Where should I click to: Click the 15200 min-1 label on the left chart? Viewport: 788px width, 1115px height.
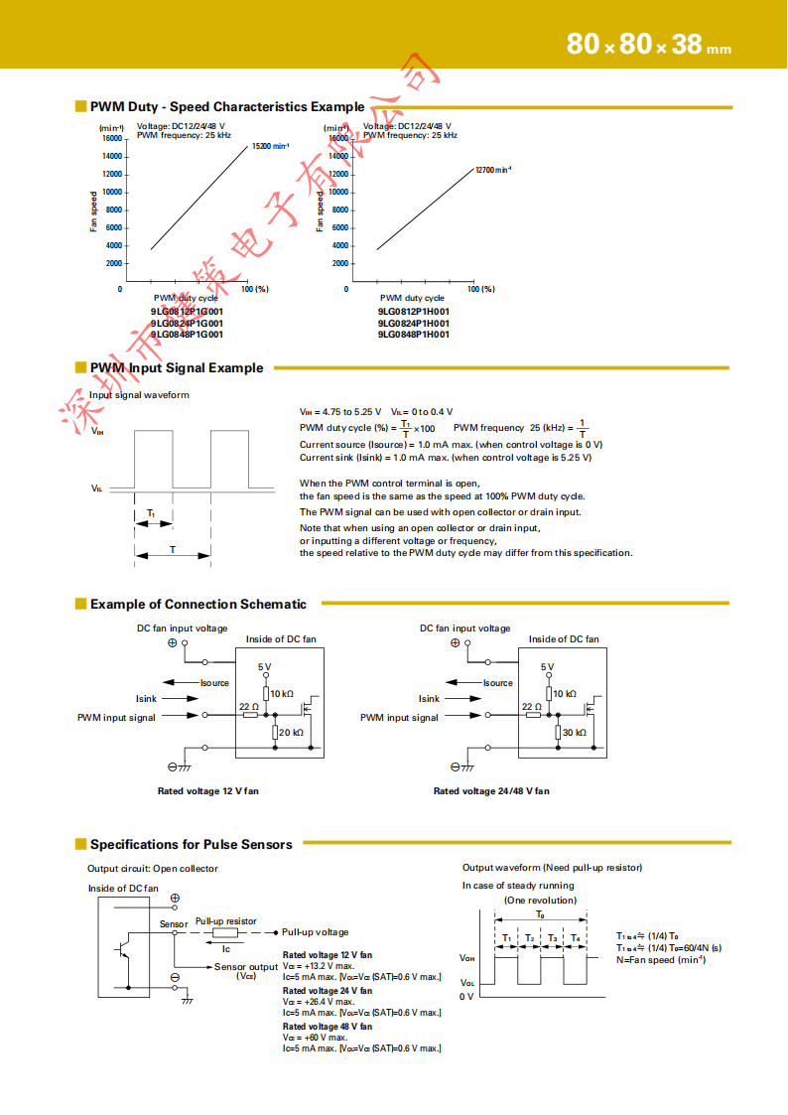[x=271, y=146]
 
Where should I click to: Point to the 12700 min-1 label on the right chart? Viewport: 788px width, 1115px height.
[x=493, y=170]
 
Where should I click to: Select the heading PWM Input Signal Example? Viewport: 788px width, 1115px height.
[x=177, y=367]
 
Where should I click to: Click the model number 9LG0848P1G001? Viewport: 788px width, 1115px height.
[x=188, y=335]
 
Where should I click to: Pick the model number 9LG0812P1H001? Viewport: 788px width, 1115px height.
[x=413, y=311]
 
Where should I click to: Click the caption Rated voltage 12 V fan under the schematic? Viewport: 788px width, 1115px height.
[x=208, y=791]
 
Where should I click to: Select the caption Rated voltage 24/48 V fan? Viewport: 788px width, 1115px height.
[x=491, y=791]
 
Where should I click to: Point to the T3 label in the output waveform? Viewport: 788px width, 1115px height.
[x=552, y=938]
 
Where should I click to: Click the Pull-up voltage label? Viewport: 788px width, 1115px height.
[x=316, y=932]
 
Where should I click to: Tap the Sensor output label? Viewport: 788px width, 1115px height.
[x=246, y=966]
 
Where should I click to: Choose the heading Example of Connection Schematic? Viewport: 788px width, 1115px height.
[x=198, y=604]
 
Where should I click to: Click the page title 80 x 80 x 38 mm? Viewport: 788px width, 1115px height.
[x=648, y=45]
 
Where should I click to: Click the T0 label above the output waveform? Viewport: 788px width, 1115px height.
[x=540, y=913]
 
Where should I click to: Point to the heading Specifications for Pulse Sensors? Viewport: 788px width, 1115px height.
[x=192, y=844]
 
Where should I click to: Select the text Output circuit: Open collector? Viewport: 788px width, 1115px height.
[x=153, y=869]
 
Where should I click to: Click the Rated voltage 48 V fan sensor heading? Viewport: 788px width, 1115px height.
[x=328, y=1026]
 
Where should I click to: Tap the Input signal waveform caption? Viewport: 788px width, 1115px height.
[x=139, y=394]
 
